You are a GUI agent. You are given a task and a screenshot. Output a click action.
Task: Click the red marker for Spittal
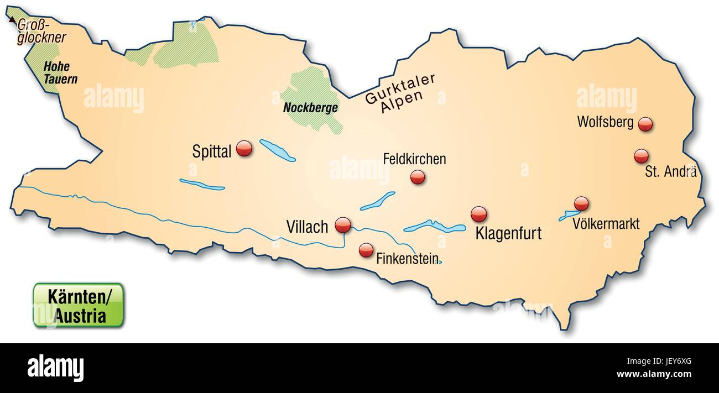[x=244, y=148]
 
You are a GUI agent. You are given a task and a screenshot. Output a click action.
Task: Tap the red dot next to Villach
[x=343, y=224]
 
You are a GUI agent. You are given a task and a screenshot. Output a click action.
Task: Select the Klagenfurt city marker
[x=478, y=214]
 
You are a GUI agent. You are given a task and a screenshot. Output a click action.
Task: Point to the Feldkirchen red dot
[x=418, y=177]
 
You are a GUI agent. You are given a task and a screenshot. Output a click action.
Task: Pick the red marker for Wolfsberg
[x=645, y=124]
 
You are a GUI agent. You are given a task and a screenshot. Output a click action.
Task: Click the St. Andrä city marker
[x=641, y=156]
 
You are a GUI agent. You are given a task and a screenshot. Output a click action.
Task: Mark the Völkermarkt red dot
[x=581, y=203]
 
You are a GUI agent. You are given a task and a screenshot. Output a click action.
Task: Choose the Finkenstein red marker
[x=366, y=250]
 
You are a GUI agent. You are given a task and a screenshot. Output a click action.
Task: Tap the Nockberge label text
[x=310, y=108]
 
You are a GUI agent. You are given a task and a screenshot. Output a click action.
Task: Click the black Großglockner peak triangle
[x=12, y=19]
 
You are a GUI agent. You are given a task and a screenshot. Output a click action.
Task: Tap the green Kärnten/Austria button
[x=78, y=305]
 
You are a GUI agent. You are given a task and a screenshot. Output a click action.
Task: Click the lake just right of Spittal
[x=277, y=150]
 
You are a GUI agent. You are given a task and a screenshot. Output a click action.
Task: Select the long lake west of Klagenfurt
[x=435, y=227]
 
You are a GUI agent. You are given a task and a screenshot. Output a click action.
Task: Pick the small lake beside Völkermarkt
[x=567, y=216]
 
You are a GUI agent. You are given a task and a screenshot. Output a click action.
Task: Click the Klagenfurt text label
[x=508, y=233]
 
